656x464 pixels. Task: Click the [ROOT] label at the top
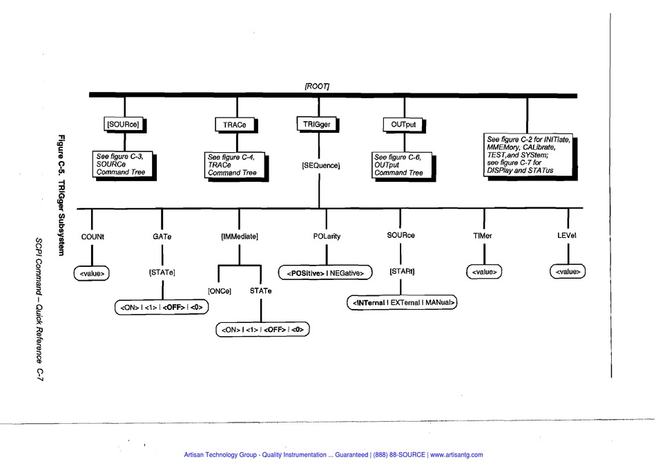(x=317, y=86)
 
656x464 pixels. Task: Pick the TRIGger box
(x=318, y=124)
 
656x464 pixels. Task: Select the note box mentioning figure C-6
(x=399, y=165)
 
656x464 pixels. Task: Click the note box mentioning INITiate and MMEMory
(x=527, y=154)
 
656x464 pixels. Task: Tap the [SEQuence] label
(x=319, y=166)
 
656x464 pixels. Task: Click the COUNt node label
(x=92, y=236)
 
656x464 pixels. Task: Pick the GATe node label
(x=162, y=236)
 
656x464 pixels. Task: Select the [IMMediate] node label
(x=239, y=236)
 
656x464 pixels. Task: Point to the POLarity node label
(x=326, y=236)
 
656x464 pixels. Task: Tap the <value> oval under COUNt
(x=92, y=273)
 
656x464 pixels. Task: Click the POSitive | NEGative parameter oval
(x=325, y=272)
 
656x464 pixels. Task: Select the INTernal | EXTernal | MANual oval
(x=401, y=302)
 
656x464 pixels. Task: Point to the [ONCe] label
(x=220, y=291)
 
